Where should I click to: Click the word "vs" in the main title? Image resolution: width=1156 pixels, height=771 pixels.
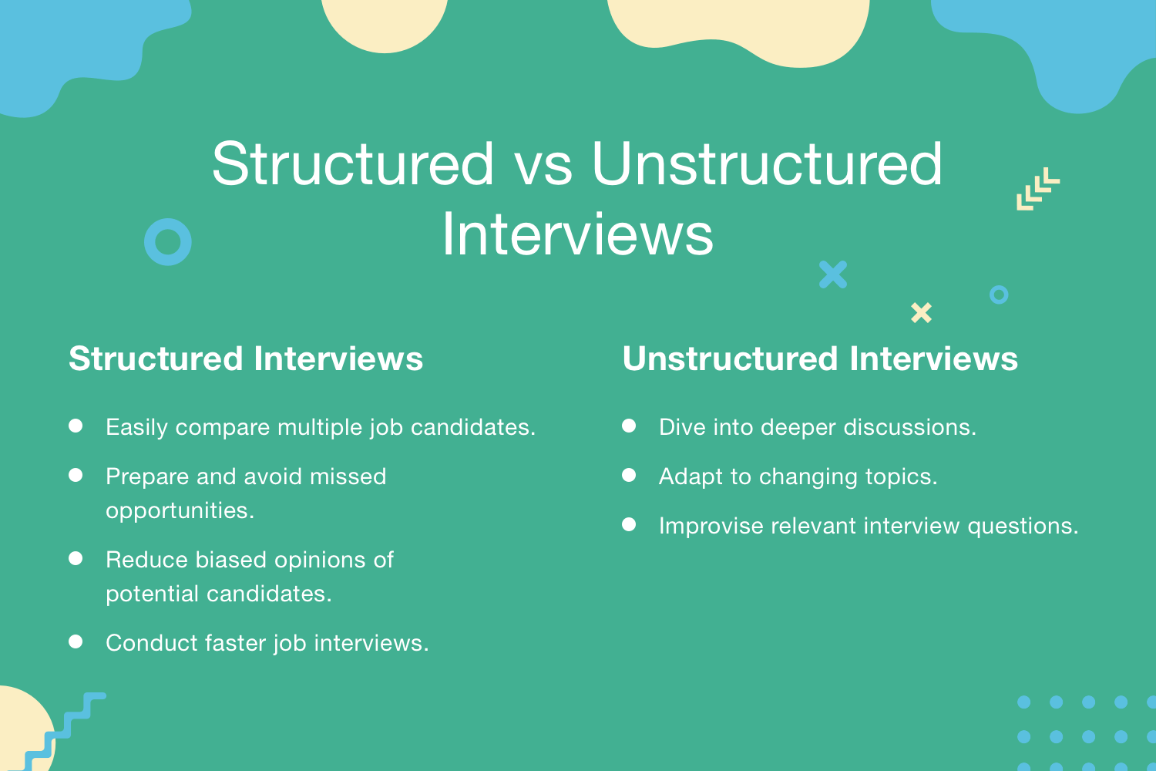543,165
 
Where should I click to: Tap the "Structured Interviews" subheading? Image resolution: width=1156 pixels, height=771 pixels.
246,359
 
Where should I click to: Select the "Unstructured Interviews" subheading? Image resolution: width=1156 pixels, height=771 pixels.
820,359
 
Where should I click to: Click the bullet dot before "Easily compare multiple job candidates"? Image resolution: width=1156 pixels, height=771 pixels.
76,426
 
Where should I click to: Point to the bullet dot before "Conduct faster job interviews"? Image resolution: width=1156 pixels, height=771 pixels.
76,641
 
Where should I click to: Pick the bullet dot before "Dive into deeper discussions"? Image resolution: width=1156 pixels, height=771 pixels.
629,426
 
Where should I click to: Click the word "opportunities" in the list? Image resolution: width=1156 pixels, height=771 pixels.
180,511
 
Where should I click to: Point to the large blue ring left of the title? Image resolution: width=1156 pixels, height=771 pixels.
168,242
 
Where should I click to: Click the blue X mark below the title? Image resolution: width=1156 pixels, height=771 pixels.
833,274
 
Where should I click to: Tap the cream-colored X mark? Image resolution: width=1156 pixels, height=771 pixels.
921,312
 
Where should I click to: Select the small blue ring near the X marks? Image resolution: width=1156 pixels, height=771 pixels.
999,295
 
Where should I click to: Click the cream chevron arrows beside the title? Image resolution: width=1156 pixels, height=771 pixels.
1037,189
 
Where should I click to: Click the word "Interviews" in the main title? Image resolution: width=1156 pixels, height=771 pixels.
578,235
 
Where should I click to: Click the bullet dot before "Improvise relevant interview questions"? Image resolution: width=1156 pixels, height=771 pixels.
629,524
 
